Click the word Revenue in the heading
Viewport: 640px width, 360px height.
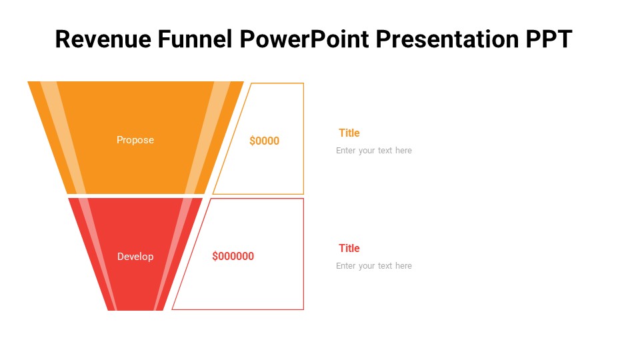pos(103,39)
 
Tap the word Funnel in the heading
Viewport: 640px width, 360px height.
pos(195,39)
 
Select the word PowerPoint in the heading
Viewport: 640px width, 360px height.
pos(304,39)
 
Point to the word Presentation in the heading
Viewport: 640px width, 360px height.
pos(447,39)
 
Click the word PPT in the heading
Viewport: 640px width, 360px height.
pos(549,39)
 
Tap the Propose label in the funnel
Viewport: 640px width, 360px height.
pos(135,141)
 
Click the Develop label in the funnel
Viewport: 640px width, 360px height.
pos(135,256)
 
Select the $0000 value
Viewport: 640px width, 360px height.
pos(265,141)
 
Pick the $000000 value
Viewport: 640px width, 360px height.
pos(233,256)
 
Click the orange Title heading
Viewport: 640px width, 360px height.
pos(349,133)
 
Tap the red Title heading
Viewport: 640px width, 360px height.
pos(349,248)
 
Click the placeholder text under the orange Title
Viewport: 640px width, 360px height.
pos(374,151)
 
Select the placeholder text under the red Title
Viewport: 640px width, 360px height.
pos(374,266)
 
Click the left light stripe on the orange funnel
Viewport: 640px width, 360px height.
pos(63,137)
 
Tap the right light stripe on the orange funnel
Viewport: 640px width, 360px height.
pos(208,137)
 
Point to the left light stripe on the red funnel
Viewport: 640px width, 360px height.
pos(98,254)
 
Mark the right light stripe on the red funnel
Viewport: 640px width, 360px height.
pos(173,254)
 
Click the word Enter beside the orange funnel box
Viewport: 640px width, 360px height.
pos(346,151)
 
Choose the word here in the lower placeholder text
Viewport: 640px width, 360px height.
pos(403,266)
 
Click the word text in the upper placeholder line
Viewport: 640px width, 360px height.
pos(385,151)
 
